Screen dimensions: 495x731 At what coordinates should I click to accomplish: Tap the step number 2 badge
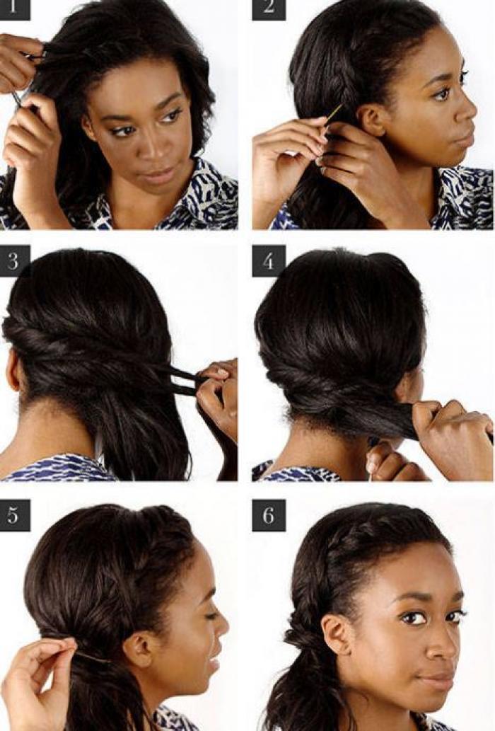point(269,10)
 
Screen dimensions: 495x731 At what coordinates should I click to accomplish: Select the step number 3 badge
point(14,260)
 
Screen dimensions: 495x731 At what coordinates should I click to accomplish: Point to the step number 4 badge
point(269,261)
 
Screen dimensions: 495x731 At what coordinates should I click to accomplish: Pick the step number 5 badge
point(14,515)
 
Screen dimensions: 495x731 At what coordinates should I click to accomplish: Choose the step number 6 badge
point(269,515)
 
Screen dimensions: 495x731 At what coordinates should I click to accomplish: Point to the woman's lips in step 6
point(439,678)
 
